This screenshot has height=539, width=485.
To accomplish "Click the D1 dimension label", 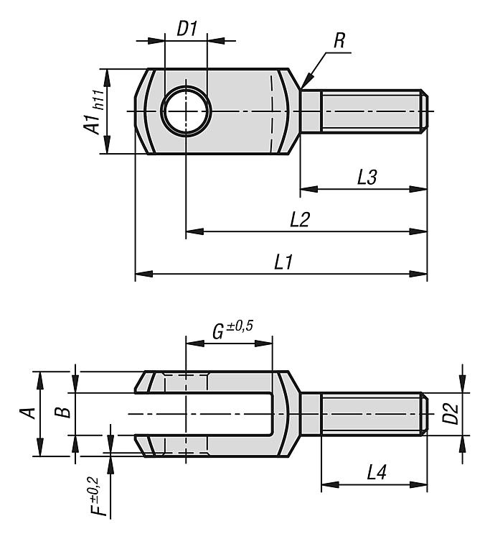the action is pos(187,29).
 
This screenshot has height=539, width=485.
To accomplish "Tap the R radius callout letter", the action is pos(339,40).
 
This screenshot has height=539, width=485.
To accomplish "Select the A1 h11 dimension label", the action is pos(93,112).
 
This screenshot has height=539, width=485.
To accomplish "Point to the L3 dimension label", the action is pos(367,178).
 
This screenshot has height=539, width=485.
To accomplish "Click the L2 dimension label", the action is pos(300,220).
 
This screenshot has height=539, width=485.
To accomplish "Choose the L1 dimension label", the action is pos(283,262).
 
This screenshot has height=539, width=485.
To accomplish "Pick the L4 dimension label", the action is pos(377,472).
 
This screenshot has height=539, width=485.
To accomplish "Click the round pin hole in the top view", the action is pos(186,111).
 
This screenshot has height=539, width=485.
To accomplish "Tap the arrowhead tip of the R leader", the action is pos(301,88).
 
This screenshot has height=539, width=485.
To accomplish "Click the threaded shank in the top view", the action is pos(364,111).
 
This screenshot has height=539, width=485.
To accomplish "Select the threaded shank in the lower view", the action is pos(364,413).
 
